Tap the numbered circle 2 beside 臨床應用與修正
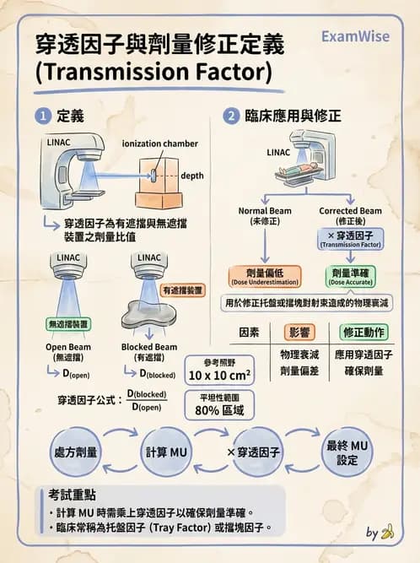click(x=230, y=116)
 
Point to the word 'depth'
click(x=193, y=176)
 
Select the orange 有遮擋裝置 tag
click(x=182, y=290)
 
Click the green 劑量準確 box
click(x=349, y=275)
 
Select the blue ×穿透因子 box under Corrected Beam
click(x=350, y=238)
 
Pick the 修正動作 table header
click(x=365, y=332)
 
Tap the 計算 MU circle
click(x=166, y=452)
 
